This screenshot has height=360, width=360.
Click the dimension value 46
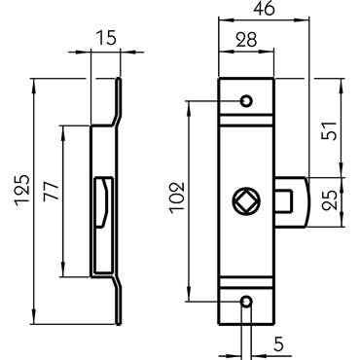click(264, 9)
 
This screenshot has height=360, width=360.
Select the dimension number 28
click(246, 40)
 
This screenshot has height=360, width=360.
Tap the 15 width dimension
click(106, 38)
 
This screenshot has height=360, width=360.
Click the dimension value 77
click(52, 191)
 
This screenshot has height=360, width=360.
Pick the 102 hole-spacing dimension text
click(177, 198)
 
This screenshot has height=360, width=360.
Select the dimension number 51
click(329, 130)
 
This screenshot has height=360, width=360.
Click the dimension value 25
click(330, 199)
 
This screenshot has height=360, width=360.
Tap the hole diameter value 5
click(278, 344)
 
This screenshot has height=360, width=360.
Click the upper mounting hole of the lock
click(246, 101)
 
